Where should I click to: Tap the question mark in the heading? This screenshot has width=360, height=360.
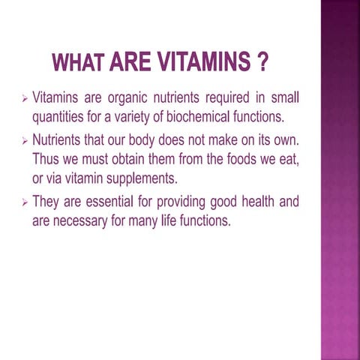pyautogui.click(x=262, y=63)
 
